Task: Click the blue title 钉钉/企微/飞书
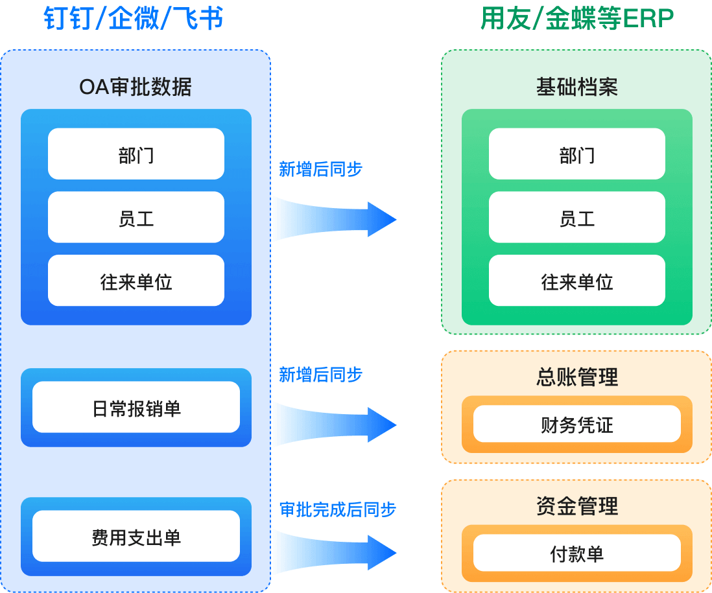[x=134, y=19]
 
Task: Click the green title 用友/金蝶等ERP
[x=576, y=19]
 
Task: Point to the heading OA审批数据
[x=136, y=87]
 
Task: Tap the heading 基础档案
[x=576, y=87]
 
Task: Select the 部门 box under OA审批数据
[x=136, y=154]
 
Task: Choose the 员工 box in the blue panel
[x=136, y=218]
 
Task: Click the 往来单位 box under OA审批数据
[x=136, y=281]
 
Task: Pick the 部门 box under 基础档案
[x=576, y=154]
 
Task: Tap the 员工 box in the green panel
[x=576, y=218]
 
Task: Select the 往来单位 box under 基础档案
[x=576, y=281]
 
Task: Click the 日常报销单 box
[x=136, y=408]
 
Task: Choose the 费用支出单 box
[x=136, y=537]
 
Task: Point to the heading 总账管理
[x=576, y=377]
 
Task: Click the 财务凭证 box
[x=576, y=424]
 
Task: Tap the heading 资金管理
[x=576, y=506]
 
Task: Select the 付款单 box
[x=576, y=553]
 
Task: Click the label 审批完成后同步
[x=337, y=509]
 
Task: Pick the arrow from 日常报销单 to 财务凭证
[x=334, y=424]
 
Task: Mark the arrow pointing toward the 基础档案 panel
[x=334, y=219]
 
